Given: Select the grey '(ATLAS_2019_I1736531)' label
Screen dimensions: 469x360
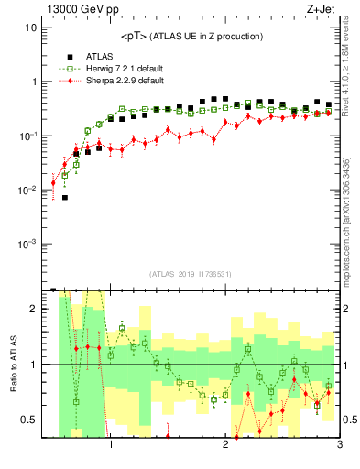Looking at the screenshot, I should pos(190,274).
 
